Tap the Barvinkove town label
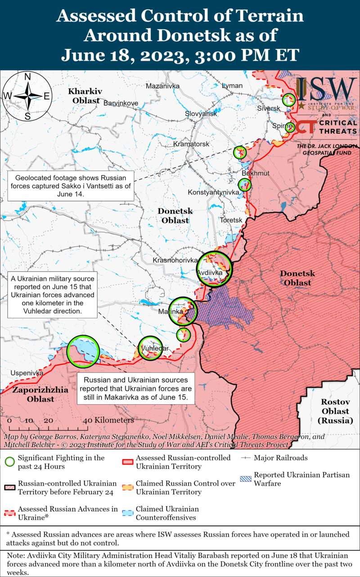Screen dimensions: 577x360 coord(121,103)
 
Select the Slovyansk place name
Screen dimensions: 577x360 coord(201,114)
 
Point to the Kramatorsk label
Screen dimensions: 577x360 coord(191,144)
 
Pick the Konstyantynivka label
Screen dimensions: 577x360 coord(213,192)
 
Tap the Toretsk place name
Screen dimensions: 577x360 coord(231,220)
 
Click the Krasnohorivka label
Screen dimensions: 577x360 coord(175,260)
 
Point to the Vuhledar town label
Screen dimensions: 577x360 coord(154,349)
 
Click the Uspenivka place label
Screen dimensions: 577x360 coord(27,373)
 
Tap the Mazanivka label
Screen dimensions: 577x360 coord(162,86)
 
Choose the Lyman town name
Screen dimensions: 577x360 coord(232,86)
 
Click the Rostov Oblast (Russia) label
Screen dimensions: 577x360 coord(335,411)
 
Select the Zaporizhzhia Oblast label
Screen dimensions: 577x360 coord(40,394)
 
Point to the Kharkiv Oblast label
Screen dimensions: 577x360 coord(85,96)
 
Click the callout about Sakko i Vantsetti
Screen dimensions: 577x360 coord(71,186)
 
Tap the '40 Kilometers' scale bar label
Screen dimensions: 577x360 coord(108,420)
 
